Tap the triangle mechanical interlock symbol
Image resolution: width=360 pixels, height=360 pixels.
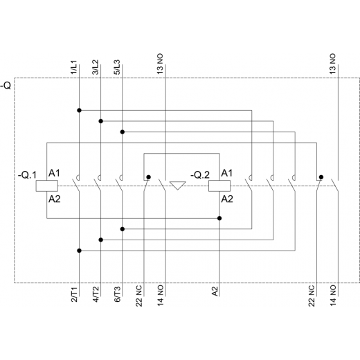click(178, 186)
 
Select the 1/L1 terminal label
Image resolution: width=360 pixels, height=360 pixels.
click(73, 67)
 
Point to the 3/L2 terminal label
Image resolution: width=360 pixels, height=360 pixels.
click(96, 67)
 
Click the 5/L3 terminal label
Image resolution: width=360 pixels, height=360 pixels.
click(117, 67)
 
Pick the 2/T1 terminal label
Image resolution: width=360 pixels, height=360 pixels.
click(74, 294)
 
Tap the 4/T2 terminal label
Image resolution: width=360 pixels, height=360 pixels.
click(96, 294)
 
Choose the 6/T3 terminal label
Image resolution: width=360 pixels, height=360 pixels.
click(117, 294)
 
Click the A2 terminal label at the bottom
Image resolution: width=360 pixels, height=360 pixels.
click(215, 291)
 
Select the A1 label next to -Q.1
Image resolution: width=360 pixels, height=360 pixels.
click(54, 173)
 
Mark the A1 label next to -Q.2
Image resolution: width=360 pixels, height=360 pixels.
click(227, 173)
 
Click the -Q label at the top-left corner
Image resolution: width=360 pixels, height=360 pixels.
click(6, 86)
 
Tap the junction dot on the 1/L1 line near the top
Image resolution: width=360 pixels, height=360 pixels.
click(79, 110)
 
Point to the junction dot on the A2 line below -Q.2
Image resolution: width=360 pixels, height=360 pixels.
click(219, 218)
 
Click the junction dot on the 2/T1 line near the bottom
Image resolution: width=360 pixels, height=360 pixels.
click(79, 251)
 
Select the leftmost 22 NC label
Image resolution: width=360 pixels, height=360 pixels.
click(138, 296)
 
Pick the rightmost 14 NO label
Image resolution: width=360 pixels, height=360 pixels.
click(333, 296)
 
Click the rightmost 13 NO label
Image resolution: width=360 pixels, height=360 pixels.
click(332, 64)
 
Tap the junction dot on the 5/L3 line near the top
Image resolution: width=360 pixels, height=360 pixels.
click(123, 132)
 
